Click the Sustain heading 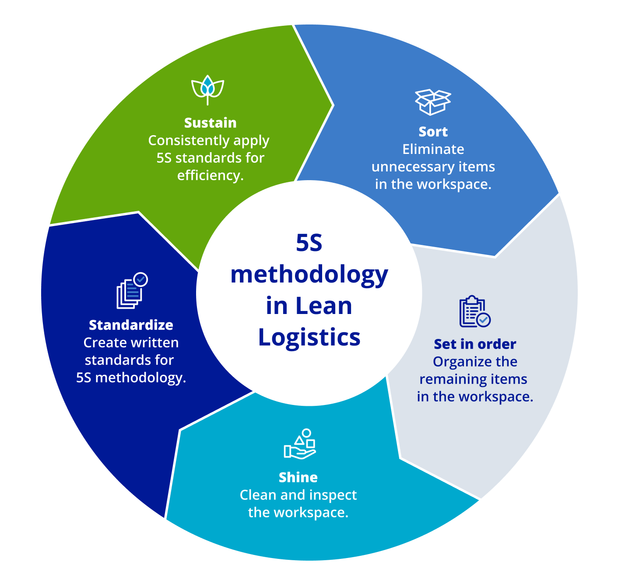click(x=210, y=123)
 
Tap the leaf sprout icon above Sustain click(x=208, y=89)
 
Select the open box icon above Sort click(x=432, y=102)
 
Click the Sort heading click(x=433, y=132)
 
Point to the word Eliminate click(x=433, y=150)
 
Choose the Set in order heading click(x=475, y=344)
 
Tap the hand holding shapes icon click(x=300, y=444)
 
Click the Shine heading click(x=298, y=477)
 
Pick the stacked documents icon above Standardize click(x=131, y=291)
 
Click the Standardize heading click(x=131, y=325)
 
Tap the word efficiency click(x=209, y=176)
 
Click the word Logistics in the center click(x=309, y=338)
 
